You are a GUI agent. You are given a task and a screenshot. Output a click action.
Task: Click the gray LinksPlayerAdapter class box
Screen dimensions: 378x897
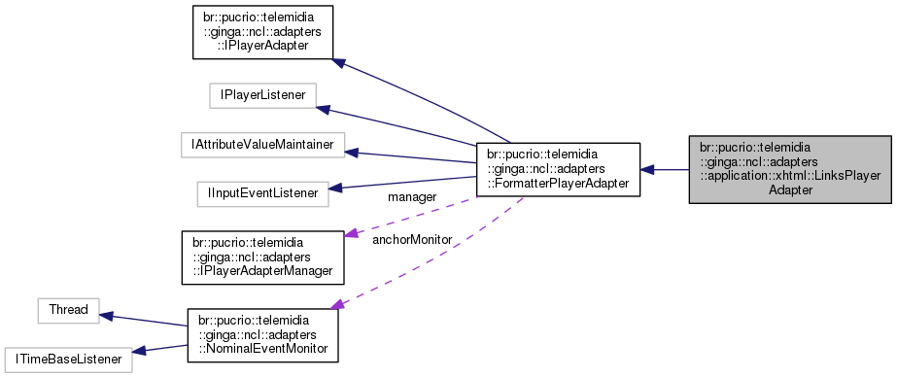[x=789, y=169]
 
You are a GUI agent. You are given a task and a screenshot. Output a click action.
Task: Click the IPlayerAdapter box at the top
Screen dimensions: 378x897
[x=264, y=34]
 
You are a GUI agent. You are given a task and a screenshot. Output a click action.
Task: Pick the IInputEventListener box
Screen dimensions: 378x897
[x=261, y=193]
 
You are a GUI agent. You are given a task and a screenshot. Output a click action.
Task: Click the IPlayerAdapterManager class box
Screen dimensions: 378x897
[x=264, y=257]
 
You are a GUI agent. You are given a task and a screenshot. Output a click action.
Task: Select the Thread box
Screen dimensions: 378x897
[x=69, y=310]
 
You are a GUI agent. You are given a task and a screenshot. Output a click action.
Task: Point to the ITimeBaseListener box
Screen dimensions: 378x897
[x=67, y=359]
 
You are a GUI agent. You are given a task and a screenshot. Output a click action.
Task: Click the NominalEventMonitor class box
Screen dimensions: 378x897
[x=263, y=335]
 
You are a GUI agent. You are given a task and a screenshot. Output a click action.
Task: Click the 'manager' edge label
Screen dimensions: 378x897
[x=411, y=197]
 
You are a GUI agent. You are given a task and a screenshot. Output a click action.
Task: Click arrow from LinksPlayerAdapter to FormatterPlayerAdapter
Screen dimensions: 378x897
[x=665, y=169]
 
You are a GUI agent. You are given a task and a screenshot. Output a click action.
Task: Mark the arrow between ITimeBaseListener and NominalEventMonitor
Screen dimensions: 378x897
[x=159, y=349]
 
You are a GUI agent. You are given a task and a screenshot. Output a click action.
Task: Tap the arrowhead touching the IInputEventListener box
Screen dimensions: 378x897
[x=336, y=188]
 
